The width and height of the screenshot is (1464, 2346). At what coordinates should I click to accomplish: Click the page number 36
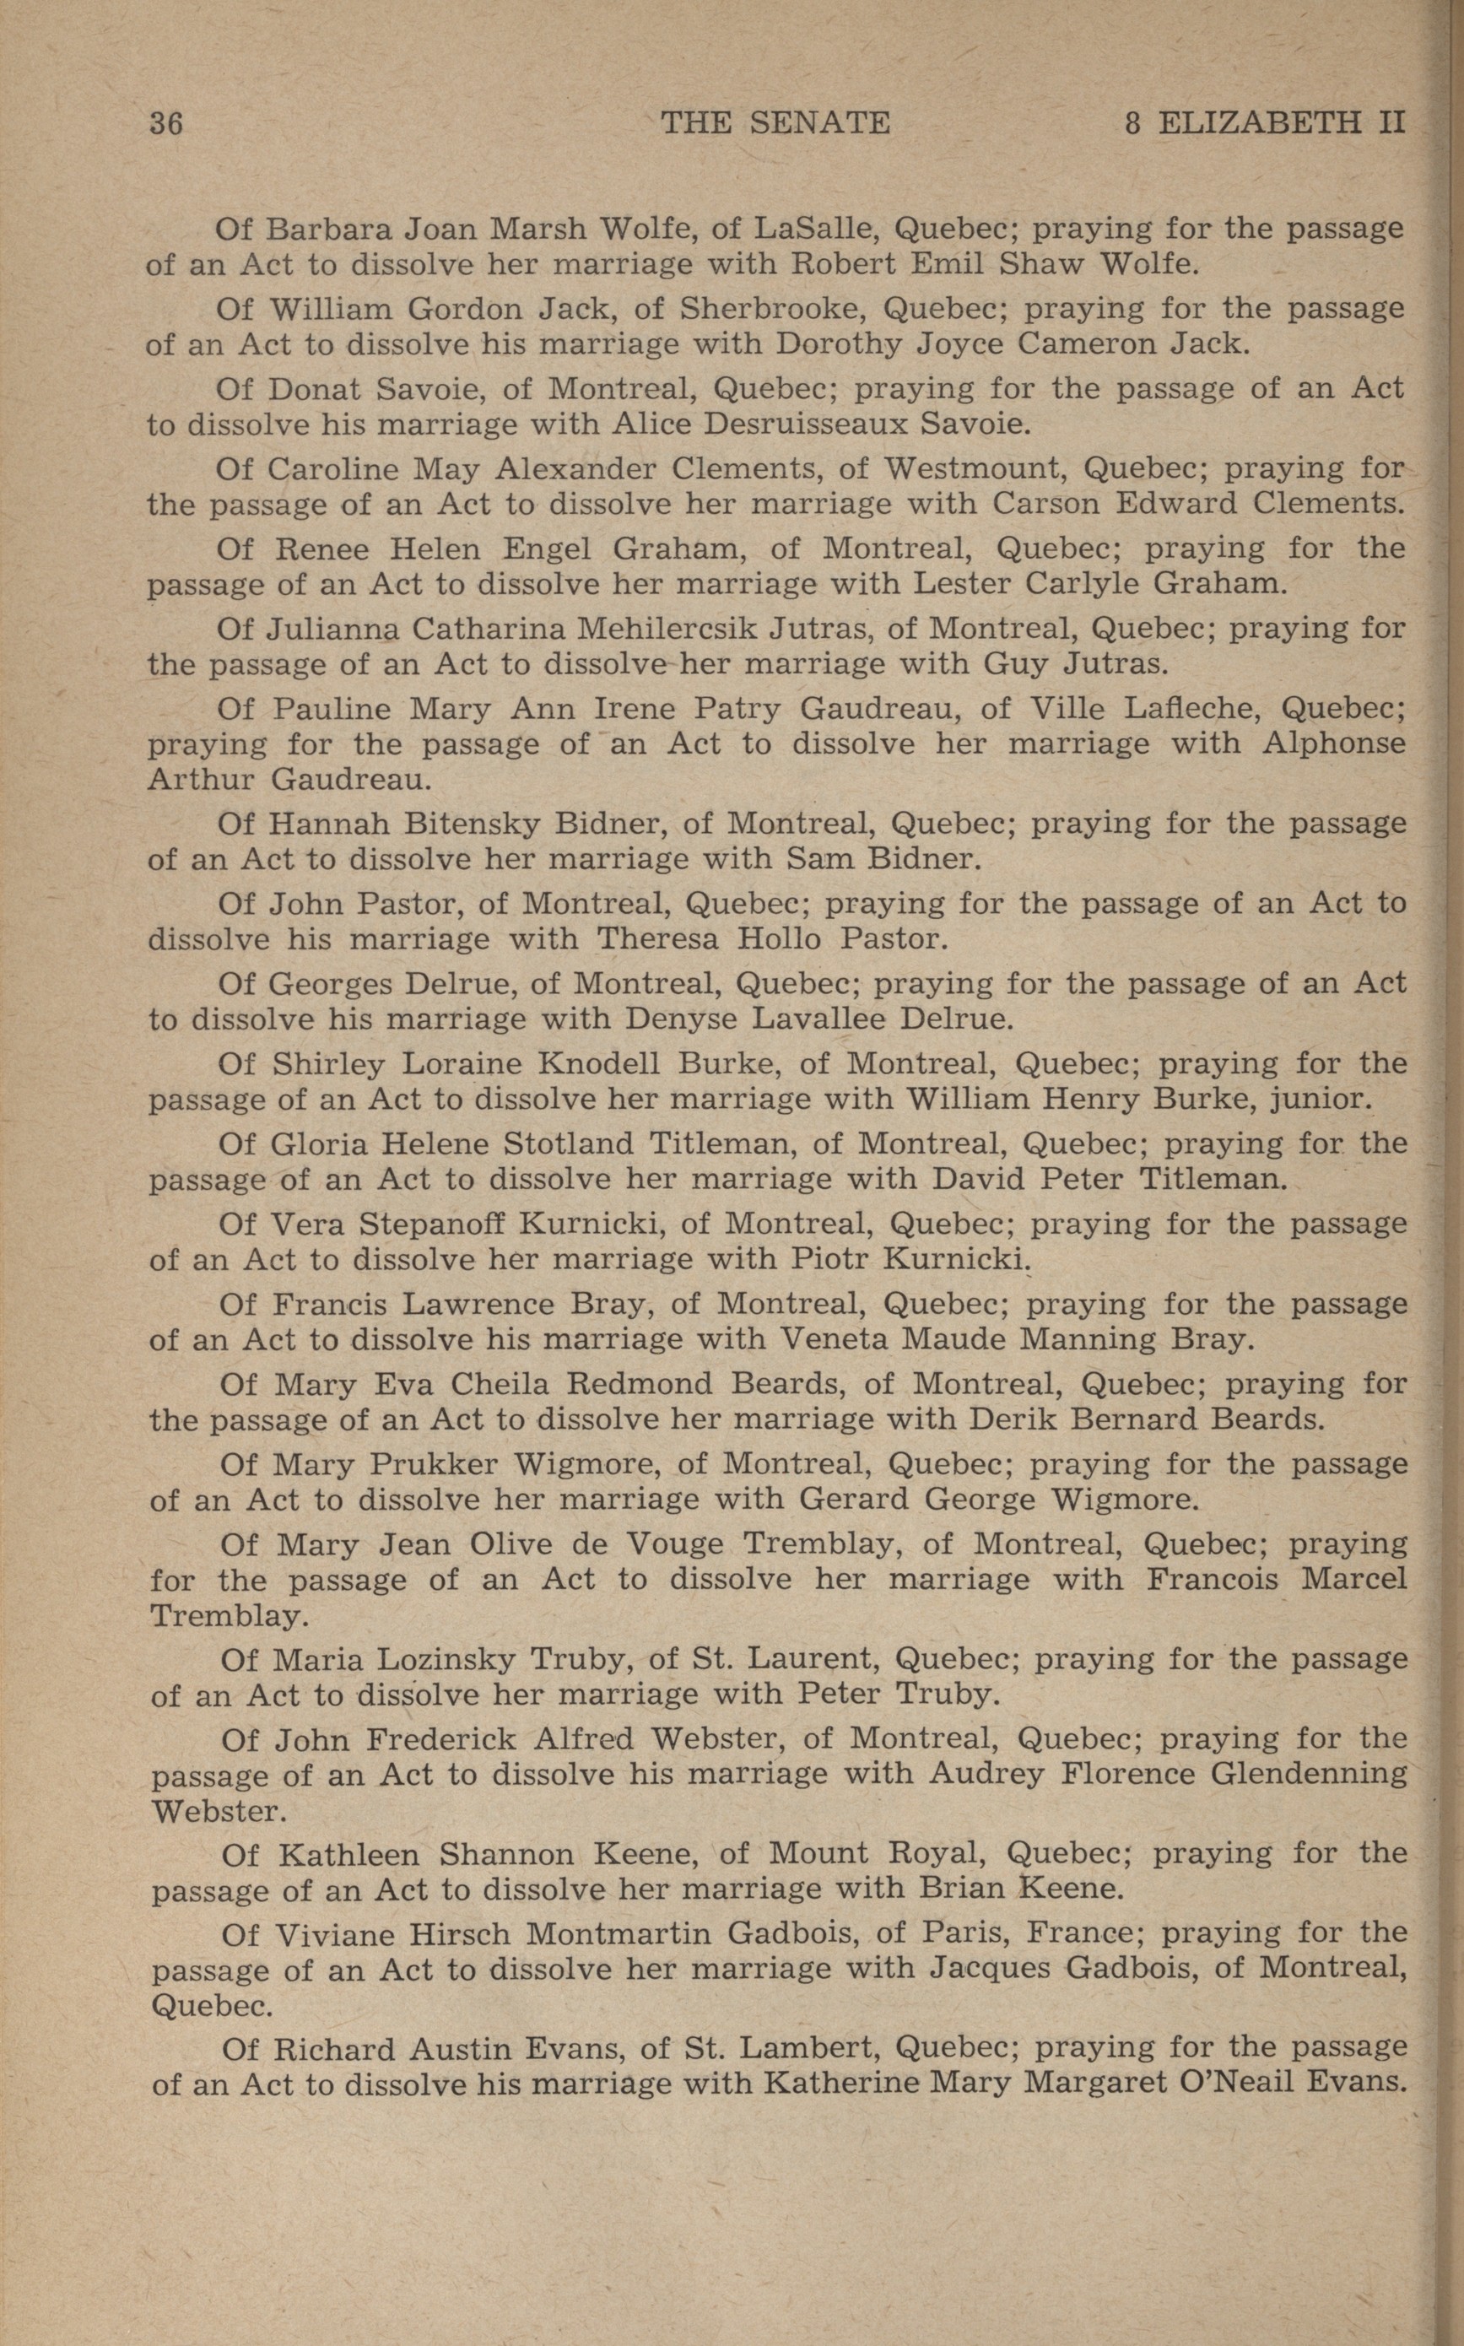point(166,123)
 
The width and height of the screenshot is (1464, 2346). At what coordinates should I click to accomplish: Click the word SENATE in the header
point(819,122)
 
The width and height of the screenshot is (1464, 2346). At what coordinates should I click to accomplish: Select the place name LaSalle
point(815,229)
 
